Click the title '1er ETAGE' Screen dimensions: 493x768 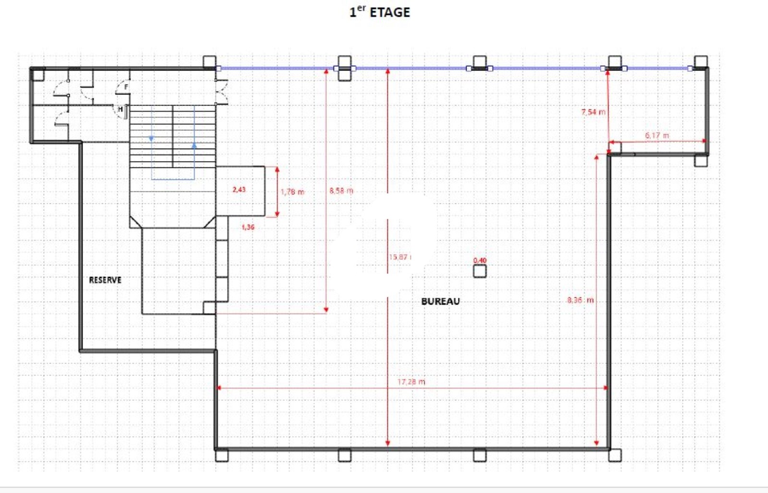point(380,12)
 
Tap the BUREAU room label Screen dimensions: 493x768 point(440,301)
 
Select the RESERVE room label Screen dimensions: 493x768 point(105,280)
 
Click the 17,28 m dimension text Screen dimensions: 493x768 point(411,382)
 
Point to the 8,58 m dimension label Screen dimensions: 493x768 point(341,190)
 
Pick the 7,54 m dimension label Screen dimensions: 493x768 point(593,112)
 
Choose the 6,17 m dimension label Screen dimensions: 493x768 point(657,135)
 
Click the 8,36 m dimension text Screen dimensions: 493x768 point(580,300)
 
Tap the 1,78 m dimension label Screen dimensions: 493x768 point(292,192)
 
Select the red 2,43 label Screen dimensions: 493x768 point(239,189)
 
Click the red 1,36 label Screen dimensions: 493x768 point(248,227)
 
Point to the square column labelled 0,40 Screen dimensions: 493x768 point(480,271)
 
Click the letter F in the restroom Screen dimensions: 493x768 point(126,87)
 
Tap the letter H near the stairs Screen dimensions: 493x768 point(120,109)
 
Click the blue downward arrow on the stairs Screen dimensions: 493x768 point(151,139)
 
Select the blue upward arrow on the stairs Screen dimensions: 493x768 point(194,145)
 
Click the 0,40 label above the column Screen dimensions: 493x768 point(480,260)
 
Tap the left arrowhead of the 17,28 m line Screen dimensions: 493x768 point(218,387)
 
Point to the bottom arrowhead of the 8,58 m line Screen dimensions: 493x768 point(326,310)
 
